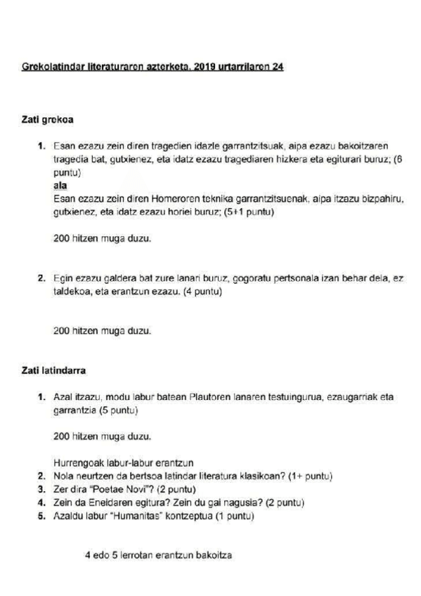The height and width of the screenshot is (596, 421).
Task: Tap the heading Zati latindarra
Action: (53, 368)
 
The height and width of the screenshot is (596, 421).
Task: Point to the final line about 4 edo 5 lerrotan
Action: (158, 555)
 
